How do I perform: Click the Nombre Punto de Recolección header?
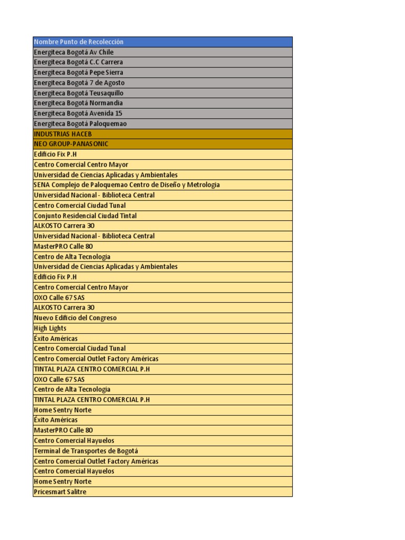coord(79,42)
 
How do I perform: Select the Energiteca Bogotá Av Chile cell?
coord(73,52)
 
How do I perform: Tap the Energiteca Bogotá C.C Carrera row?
coord(78,62)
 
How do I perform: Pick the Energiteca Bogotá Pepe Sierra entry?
coord(79,72)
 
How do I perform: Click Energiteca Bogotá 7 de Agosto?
coord(79,83)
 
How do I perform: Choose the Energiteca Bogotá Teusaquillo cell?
coord(79,93)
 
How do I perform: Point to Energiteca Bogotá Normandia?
coord(79,103)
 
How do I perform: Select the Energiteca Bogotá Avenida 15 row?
coord(78,113)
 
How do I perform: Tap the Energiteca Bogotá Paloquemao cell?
coord(80,123)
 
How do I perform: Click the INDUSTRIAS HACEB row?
coord(63,134)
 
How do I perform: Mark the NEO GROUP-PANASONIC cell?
coord(71,144)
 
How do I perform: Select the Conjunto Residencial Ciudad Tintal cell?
coord(85,216)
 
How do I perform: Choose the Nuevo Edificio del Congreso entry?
coord(75,318)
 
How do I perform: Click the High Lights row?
coord(50,328)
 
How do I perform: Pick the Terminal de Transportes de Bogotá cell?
coord(86,451)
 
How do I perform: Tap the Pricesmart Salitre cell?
coord(60,492)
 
